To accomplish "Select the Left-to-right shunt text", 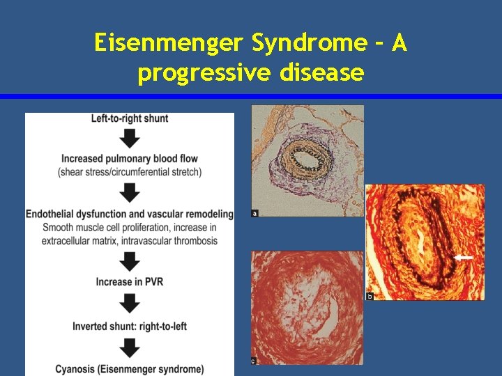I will click(x=130, y=118).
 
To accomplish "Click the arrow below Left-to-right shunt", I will click(x=130, y=137).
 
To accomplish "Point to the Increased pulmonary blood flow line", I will click(x=130, y=158).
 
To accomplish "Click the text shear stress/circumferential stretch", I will click(x=130, y=171).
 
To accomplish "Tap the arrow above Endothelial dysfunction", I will click(x=130, y=192).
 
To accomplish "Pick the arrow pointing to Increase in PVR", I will click(x=130, y=262).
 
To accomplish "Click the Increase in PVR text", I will click(x=130, y=282).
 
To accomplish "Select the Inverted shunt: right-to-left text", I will click(x=130, y=326).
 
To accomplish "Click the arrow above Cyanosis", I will click(x=130, y=347).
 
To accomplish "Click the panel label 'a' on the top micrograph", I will click(x=255, y=213).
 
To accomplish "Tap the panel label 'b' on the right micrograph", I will click(x=370, y=297).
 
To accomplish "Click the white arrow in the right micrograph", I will click(x=463, y=258).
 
